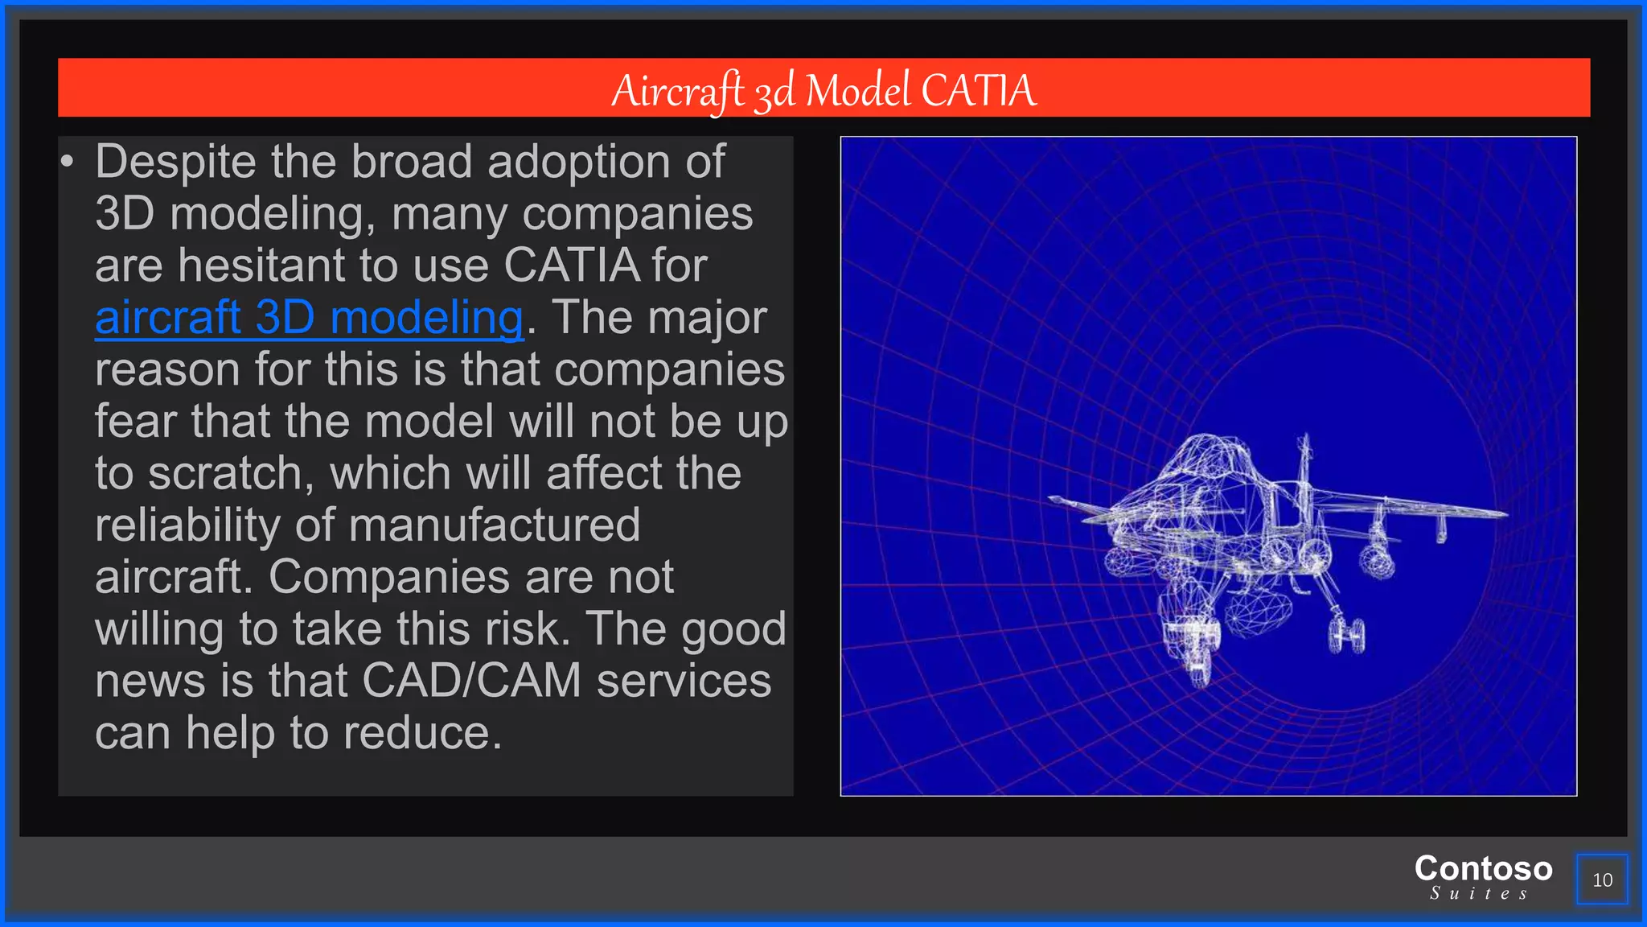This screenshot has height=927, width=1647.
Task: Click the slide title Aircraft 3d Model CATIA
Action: click(x=823, y=89)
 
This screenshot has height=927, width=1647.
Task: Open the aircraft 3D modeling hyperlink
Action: click(x=310, y=318)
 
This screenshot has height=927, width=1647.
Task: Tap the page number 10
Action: click(x=1602, y=880)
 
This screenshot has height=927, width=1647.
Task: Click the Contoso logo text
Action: click(x=1483, y=868)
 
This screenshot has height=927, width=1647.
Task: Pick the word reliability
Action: click(x=187, y=525)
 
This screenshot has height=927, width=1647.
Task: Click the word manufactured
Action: click(x=495, y=525)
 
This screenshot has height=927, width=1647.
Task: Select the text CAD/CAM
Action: click(x=471, y=681)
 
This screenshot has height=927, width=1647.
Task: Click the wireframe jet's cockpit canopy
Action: click(x=1204, y=459)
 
